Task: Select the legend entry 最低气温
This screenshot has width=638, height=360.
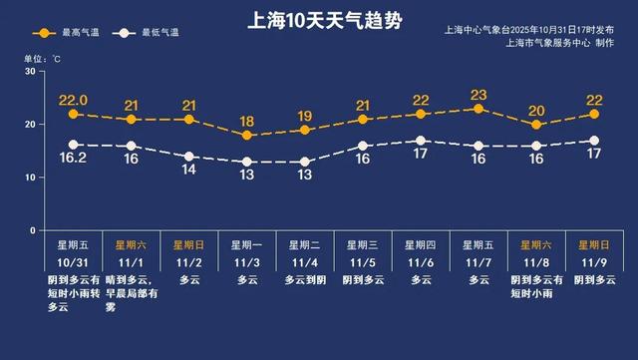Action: tap(151, 33)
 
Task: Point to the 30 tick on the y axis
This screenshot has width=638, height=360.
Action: tap(30, 72)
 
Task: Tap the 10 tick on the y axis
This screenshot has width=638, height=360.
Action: tap(30, 178)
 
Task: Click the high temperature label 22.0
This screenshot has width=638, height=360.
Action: tap(73, 100)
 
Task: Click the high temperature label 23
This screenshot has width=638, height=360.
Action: tap(478, 95)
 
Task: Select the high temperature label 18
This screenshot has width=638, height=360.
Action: tap(247, 121)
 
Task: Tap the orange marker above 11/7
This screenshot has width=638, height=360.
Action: tap(478, 109)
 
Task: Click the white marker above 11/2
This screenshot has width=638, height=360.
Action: tap(189, 157)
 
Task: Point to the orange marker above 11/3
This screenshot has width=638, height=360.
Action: tap(247, 135)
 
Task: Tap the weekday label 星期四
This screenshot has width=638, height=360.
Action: tap(421, 243)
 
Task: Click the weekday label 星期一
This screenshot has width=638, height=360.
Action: tap(247, 243)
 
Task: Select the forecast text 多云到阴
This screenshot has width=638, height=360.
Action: tap(305, 281)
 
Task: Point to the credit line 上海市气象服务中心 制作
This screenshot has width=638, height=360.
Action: tap(560, 43)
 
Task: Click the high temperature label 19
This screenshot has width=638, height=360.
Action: tap(305, 116)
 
